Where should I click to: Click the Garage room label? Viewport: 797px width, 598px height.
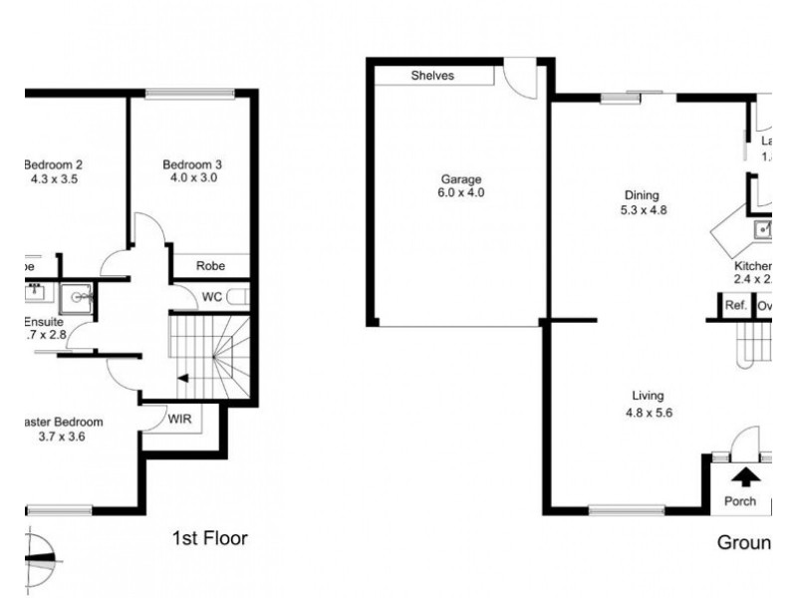tap(461, 179)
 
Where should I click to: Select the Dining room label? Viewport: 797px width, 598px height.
tap(642, 196)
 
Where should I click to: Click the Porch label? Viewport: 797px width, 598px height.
tap(740, 501)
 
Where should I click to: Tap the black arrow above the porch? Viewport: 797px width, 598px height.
tap(742, 476)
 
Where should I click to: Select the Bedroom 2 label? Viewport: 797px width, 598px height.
tap(52, 165)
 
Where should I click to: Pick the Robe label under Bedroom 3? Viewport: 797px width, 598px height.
tap(209, 266)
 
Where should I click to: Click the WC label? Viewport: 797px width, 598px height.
tap(211, 297)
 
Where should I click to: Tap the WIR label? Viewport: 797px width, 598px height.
tap(180, 420)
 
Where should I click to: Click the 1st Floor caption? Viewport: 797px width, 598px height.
tap(209, 539)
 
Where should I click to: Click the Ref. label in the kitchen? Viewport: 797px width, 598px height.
tap(735, 306)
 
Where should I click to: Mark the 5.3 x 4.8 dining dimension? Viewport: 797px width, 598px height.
tap(642, 210)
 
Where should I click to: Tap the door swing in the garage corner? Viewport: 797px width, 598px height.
tap(517, 76)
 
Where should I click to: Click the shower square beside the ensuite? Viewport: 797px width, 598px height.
tap(76, 297)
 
